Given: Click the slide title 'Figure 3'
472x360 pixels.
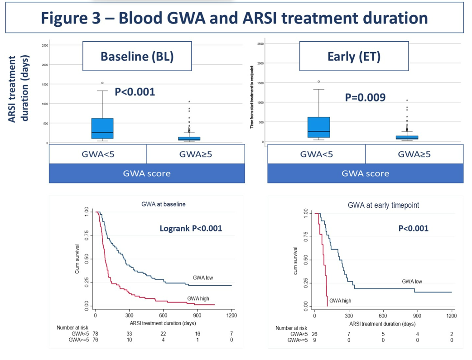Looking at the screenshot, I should (234, 18).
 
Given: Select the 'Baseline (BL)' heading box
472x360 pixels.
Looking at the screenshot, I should (137, 56).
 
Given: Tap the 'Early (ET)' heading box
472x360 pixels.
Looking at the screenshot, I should (354, 56).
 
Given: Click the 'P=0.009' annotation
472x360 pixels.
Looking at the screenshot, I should (365, 97).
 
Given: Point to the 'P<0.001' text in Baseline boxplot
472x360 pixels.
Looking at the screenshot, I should (135, 92).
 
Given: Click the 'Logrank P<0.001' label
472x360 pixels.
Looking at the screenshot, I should (191, 228).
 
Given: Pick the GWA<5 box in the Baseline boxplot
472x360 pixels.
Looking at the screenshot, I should (102, 129).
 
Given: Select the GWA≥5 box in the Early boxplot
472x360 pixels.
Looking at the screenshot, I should (407, 137).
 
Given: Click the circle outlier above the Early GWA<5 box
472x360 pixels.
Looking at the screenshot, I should (319, 82).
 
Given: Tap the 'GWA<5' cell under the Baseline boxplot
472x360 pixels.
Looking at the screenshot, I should (98, 154).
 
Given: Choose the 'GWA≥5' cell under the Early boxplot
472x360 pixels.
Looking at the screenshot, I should (414, 154).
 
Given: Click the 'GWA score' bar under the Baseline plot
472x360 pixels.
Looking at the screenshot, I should (147, 173).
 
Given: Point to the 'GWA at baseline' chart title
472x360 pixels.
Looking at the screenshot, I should (163, 204).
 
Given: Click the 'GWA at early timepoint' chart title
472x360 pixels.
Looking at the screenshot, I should (383, 205).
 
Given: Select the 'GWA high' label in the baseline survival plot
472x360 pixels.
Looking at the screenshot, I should (198, 298).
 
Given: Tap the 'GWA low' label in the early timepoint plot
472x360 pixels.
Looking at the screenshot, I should (412, 281).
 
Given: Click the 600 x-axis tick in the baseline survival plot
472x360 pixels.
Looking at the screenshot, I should (164, 315).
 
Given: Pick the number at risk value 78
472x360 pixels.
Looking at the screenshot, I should (95, 334).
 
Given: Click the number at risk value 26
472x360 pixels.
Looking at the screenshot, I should (314, 334).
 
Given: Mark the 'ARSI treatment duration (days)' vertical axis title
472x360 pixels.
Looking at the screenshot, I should (19, 89).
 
